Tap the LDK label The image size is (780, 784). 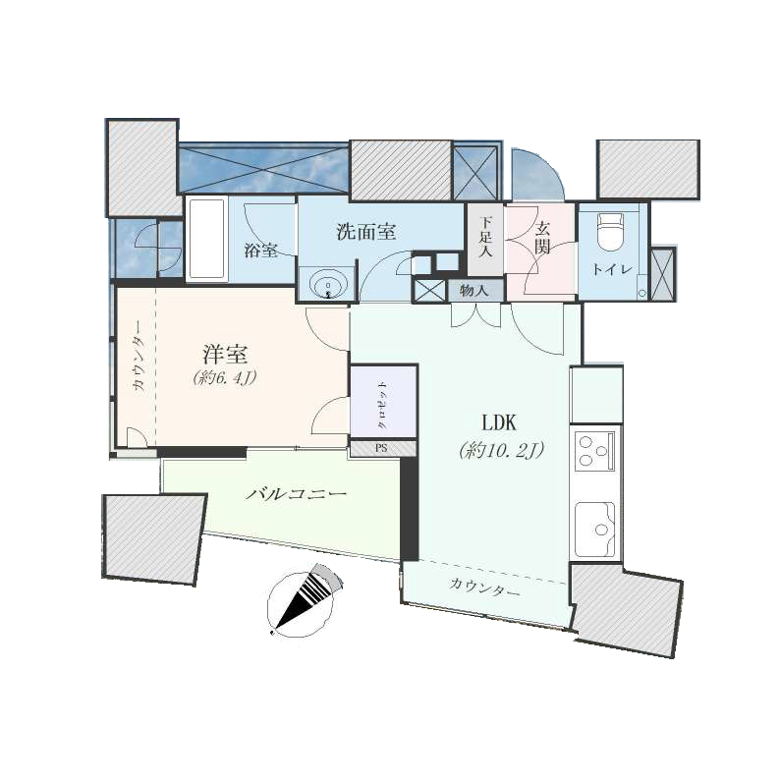(500, 423)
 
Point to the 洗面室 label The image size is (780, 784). (365, 233)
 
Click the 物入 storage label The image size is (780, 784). (474, 291)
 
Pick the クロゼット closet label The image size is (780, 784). (382, 404)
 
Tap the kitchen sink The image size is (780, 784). (594, 528)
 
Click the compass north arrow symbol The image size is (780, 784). (306, 597)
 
